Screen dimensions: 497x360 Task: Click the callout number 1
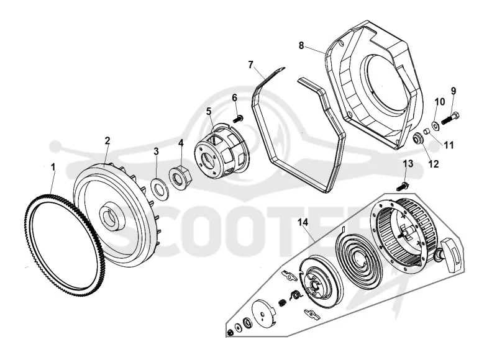click(x=53, y=166)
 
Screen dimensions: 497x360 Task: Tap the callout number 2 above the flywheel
click(x=107, y=140)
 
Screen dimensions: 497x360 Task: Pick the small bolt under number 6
click(x=238, y=119)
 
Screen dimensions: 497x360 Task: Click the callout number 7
click(x=251, y=65)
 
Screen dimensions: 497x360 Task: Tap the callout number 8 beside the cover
click(x=301, y=45)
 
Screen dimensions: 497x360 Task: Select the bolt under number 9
click(x=450, y=118)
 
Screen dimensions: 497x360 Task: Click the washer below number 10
click(x=436, y=125)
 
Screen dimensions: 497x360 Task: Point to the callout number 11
click(x=449, y=145)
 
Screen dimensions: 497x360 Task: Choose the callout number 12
click(x=434, y=164)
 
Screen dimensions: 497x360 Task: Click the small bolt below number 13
click(x=403, y=186)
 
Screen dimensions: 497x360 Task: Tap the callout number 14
click(x=303, y=222)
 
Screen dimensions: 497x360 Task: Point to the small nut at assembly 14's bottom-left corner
click(x=230, y=333)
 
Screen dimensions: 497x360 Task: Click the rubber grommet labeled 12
click(x=417, y=138)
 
